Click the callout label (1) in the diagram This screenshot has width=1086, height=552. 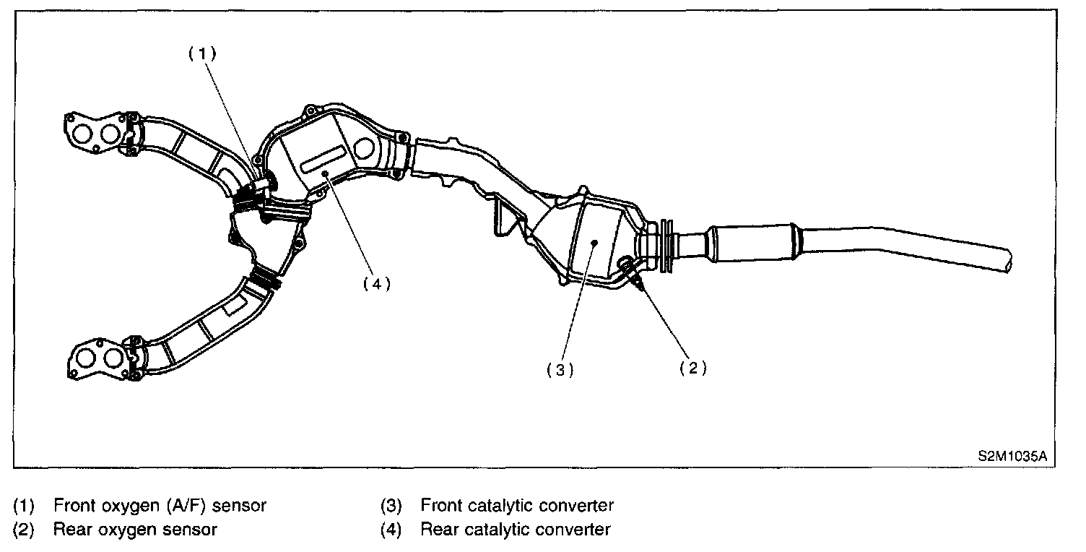203,54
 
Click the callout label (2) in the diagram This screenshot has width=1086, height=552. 692,368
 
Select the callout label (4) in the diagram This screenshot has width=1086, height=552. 376,284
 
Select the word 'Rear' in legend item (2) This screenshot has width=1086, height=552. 70,530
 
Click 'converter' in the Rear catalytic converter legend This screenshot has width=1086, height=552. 573,530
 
